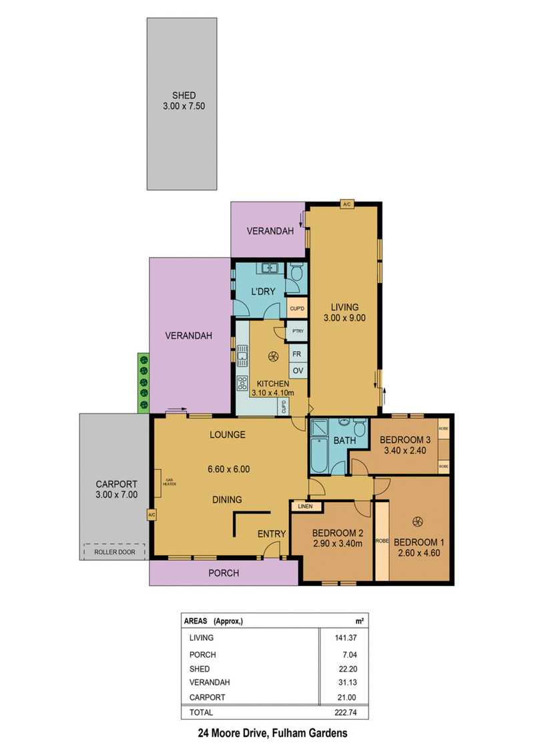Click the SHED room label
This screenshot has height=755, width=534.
184,95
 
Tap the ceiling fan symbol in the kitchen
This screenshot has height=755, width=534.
273,356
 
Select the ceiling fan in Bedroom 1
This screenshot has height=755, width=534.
417,521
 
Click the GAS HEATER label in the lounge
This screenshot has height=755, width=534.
169,481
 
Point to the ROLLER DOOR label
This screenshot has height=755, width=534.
115,552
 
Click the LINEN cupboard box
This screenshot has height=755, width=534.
305,506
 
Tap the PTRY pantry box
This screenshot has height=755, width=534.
298,331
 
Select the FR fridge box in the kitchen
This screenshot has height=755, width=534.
298,354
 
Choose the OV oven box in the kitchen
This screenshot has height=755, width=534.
298,370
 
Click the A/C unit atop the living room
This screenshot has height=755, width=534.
346,204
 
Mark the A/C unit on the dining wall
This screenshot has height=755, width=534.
152,515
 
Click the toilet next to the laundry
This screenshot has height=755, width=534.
296,272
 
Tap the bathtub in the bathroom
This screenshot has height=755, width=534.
319,455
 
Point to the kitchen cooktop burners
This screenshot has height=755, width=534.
242,383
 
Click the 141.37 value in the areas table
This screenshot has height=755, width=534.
346,638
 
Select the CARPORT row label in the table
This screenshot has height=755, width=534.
207,697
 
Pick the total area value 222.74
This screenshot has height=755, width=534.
346,712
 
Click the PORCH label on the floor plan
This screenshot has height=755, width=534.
224,573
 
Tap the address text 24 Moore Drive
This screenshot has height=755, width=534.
233,734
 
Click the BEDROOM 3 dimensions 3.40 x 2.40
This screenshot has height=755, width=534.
405,451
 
